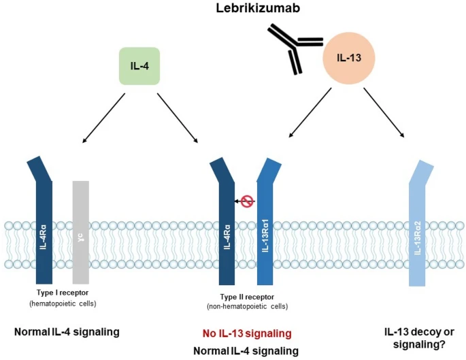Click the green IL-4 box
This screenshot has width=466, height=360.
139,66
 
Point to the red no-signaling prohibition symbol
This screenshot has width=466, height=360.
247,201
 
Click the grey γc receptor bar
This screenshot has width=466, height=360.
81,231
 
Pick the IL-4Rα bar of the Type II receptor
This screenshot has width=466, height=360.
227,231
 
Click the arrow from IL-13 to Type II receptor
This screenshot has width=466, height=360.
312,116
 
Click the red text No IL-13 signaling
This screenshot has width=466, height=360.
246,333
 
